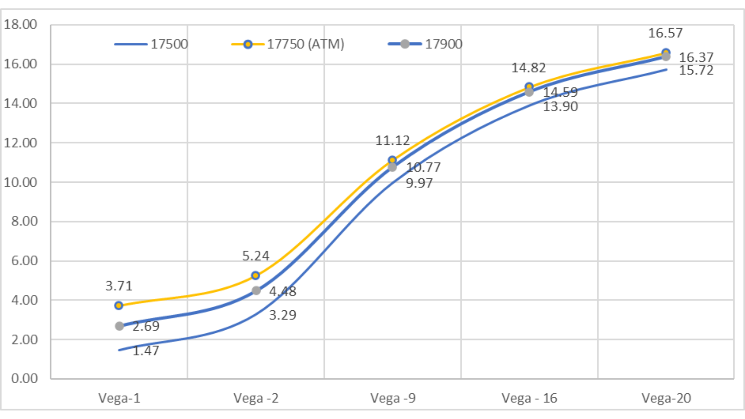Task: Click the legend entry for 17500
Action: [x=151, y=44]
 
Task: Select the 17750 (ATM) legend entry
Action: [x=288, y=44]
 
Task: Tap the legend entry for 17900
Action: [x=425, y=44]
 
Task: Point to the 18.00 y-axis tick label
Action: [x=20, y=24]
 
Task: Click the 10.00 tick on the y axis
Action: [x=20, y=182]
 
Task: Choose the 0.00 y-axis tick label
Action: [x=24, y=378]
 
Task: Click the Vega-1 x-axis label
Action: [x=119, y=398]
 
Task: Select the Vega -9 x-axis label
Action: [x=393, y=398]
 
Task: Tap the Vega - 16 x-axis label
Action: [x=529, y=398]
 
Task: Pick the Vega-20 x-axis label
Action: [x=666, y=398]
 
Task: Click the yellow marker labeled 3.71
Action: [x=119, y=306]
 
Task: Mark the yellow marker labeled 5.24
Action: [x=255, y=275]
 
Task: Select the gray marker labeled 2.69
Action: [x=120, y=326]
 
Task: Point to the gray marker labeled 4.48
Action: [x=256, y=291]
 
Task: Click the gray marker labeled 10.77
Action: [x=392, y=167]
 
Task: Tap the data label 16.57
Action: [x=665, y=33]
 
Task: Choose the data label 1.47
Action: [x=146, y=351]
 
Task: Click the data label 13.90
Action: [x=560, y=107]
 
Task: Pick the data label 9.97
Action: [x=419, y=183]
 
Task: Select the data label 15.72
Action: [x=696, y=71]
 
